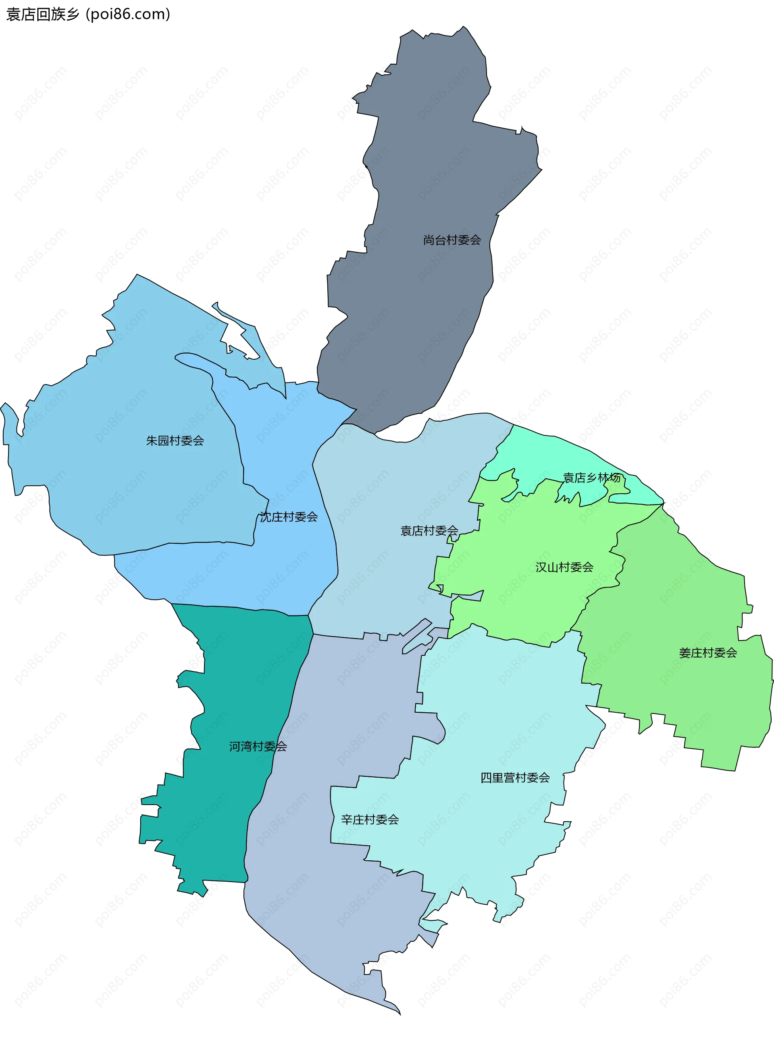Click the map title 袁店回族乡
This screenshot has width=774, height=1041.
(x=43, y=15)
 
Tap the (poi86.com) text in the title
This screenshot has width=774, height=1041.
(x=128, y=15)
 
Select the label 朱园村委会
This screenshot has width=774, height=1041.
(x=175, y=440)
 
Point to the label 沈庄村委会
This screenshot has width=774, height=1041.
(x=289, y=517)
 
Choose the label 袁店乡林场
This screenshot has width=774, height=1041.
(x=591, y=478)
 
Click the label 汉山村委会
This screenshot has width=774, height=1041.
(x=564, y=567)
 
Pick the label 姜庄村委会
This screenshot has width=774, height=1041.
(x=707, y=653)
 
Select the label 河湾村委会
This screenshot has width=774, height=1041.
(x=258, y=746)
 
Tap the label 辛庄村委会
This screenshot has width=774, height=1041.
(x=370, y=819)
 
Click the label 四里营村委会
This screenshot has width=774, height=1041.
(x=515, y=778)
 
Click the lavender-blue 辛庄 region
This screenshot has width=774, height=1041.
(x=328, y=891)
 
